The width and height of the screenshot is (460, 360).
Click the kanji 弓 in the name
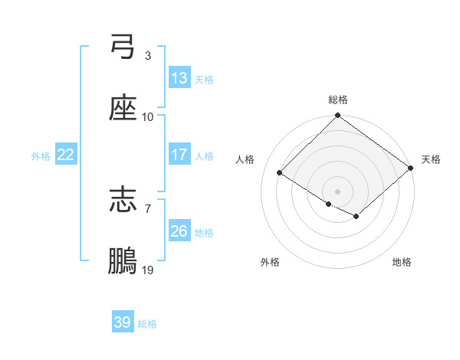click(x=123, y=47)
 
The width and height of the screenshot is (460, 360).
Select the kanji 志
click(x=123, y=200)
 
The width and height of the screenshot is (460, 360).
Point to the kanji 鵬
click(x=123, y=261)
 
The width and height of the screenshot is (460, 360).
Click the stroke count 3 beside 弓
click(x=147, y=56)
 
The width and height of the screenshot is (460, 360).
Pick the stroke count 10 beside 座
click(x=147, y=116)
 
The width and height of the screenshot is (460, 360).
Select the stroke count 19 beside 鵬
click(x=147, y=270)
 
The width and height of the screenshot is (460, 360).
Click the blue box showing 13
click(x=179, y=78)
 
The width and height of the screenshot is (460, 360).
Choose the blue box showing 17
click(x=179, y=155)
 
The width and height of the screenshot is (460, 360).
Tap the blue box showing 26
click(x=179, y=231)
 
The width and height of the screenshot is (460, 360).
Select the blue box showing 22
click(x=66, y=155)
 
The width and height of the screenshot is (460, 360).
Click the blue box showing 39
click(x=123, y=322)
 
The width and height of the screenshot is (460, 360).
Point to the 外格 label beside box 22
click(x=41, y=155)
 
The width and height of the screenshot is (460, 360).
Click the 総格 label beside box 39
click(x=148, y=324)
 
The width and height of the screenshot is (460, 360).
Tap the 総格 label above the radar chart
click(x=338, y=100)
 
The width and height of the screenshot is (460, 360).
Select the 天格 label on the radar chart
click(x=431, y=159)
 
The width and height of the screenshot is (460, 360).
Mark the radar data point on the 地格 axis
click(x=356, y=217)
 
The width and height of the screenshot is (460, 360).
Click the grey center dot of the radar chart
click(x=338, y=191)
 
